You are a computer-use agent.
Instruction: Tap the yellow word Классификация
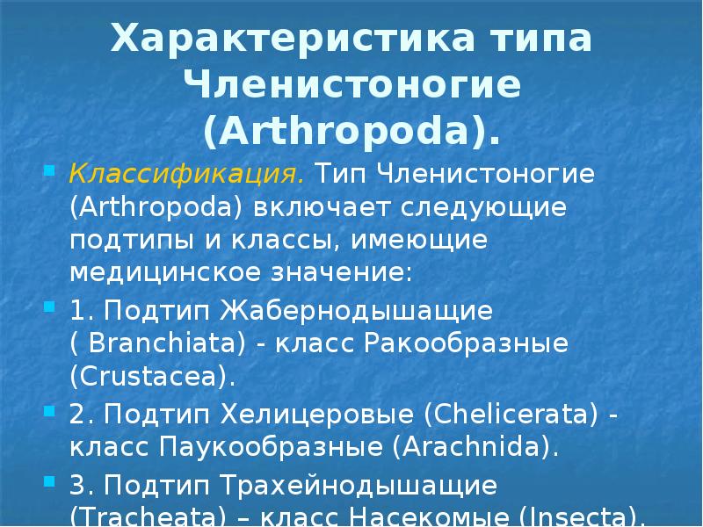(x=187, y=173)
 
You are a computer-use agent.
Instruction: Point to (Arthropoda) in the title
(x=351, y=132)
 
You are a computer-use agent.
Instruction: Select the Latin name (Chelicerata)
(x=514, y=414)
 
